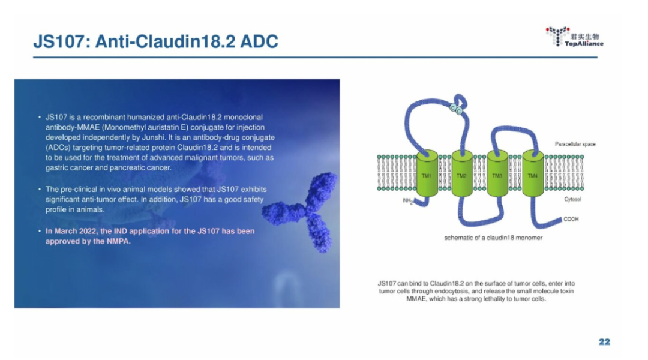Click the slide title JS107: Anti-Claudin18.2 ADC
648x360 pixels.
tap(156, 41)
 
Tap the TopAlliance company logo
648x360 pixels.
tap(574, 37)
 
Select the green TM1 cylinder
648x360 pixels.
tap(427, 173)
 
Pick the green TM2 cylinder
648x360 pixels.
tap(462, 173)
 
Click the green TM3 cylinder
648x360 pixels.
tap(497, 173)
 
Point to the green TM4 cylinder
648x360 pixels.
tap(533, 173)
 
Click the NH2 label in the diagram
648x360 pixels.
tap(408, 201)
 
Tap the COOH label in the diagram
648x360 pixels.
tap(571, 219)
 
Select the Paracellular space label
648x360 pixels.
tap(575, 144)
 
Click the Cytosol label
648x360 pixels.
tap(572, 199)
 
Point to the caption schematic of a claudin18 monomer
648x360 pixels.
tap(493, 238)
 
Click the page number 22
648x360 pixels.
tap(604, 342)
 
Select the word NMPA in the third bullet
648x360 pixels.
tap(119, 241)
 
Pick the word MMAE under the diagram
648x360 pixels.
tap(416, 299)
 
